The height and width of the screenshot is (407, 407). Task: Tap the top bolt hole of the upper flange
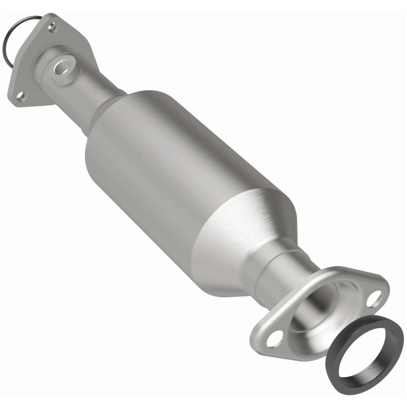pos(51,25)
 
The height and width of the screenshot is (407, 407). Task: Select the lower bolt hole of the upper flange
pos(19,95)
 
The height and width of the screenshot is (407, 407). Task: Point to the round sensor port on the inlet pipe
pos(64,66)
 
